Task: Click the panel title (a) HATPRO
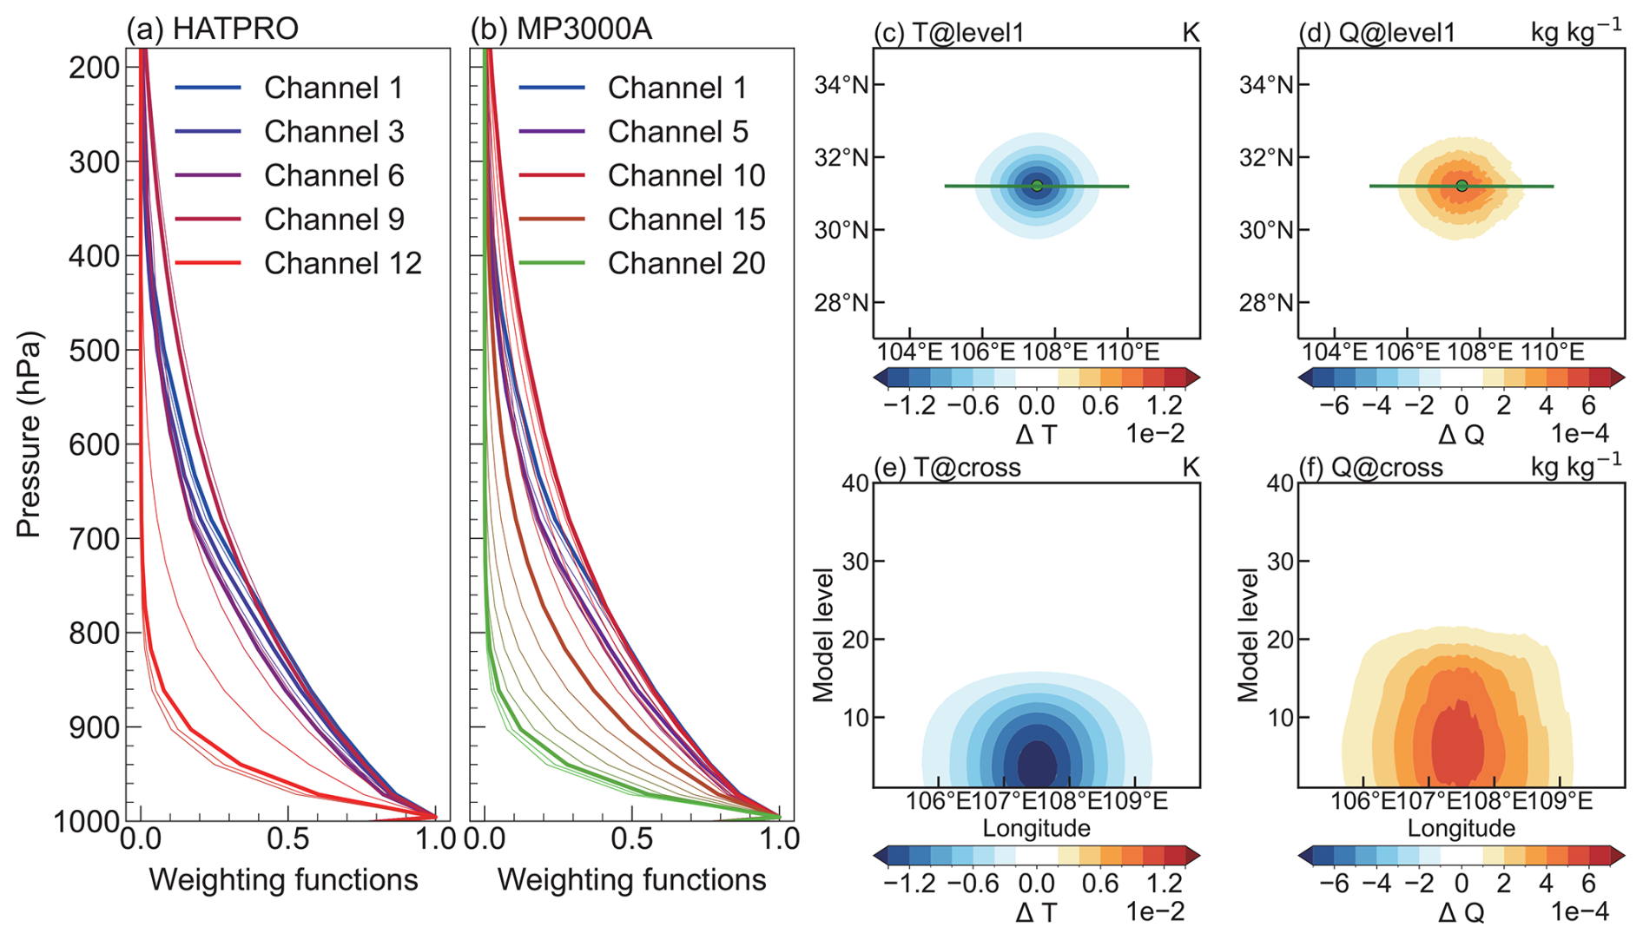tap(213, 29)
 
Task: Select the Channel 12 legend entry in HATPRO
tap(342, 263)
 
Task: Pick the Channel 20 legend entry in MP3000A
tap(686, 263)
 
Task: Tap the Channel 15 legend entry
tap(686, 220)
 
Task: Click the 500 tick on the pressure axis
tap(94, 351)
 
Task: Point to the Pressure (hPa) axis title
tap(29, 434)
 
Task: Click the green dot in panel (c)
tap(1037, 186)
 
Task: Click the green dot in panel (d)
tap(1462, 186)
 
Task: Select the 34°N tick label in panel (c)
tap(841, 85)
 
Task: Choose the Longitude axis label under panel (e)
tap(1036, 828)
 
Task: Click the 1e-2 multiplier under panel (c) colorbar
tap(1155, 433)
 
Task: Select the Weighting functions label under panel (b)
tap(631, 880)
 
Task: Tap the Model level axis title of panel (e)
tap(823, 634)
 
